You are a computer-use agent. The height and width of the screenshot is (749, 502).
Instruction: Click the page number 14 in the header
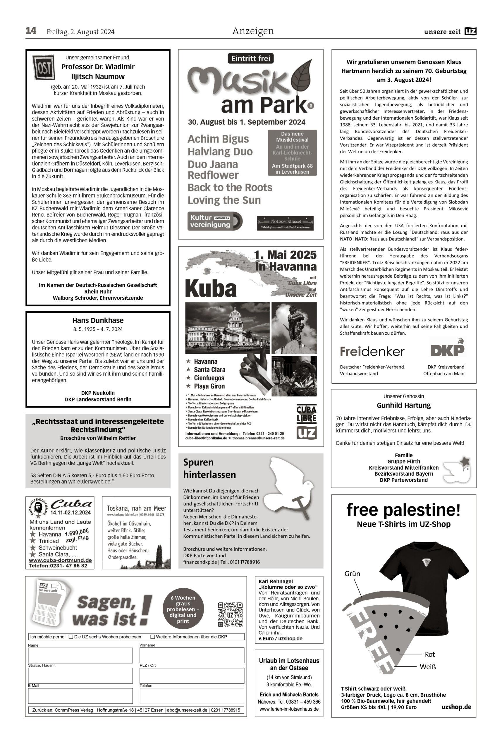tap(31, 31)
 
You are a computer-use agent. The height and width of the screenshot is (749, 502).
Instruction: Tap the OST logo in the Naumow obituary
tap(43, 67)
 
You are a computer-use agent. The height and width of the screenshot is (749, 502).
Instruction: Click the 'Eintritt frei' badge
tap(251, 59)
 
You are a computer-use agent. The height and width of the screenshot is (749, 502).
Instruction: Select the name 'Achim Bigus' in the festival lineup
tap(218, 139)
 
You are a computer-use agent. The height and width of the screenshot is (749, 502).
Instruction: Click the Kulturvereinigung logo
tap(215, 221)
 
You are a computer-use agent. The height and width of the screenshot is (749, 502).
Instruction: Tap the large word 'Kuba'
tap(211, 288)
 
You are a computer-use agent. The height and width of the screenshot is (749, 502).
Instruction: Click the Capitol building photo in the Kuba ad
tap(227, 328)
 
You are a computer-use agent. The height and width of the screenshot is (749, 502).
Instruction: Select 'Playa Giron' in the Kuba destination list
tap(209, 386)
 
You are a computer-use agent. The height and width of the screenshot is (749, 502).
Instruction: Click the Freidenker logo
tap(372, 352)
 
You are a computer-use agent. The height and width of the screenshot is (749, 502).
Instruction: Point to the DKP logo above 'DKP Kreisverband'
tap(447, 348)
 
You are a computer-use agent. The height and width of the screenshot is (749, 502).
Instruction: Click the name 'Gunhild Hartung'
tap(403, 406)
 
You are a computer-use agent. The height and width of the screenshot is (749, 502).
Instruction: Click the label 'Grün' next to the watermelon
tap(352, 573)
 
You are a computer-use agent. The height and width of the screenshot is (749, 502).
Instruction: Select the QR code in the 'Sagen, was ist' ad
tap(230, 614)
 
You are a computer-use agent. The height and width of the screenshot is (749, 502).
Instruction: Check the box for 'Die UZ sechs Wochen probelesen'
tap(71, 637)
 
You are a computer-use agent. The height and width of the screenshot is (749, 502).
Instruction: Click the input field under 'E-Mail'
tap(80, 696)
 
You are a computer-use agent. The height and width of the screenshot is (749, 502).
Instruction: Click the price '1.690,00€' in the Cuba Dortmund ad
tap(77, 532)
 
